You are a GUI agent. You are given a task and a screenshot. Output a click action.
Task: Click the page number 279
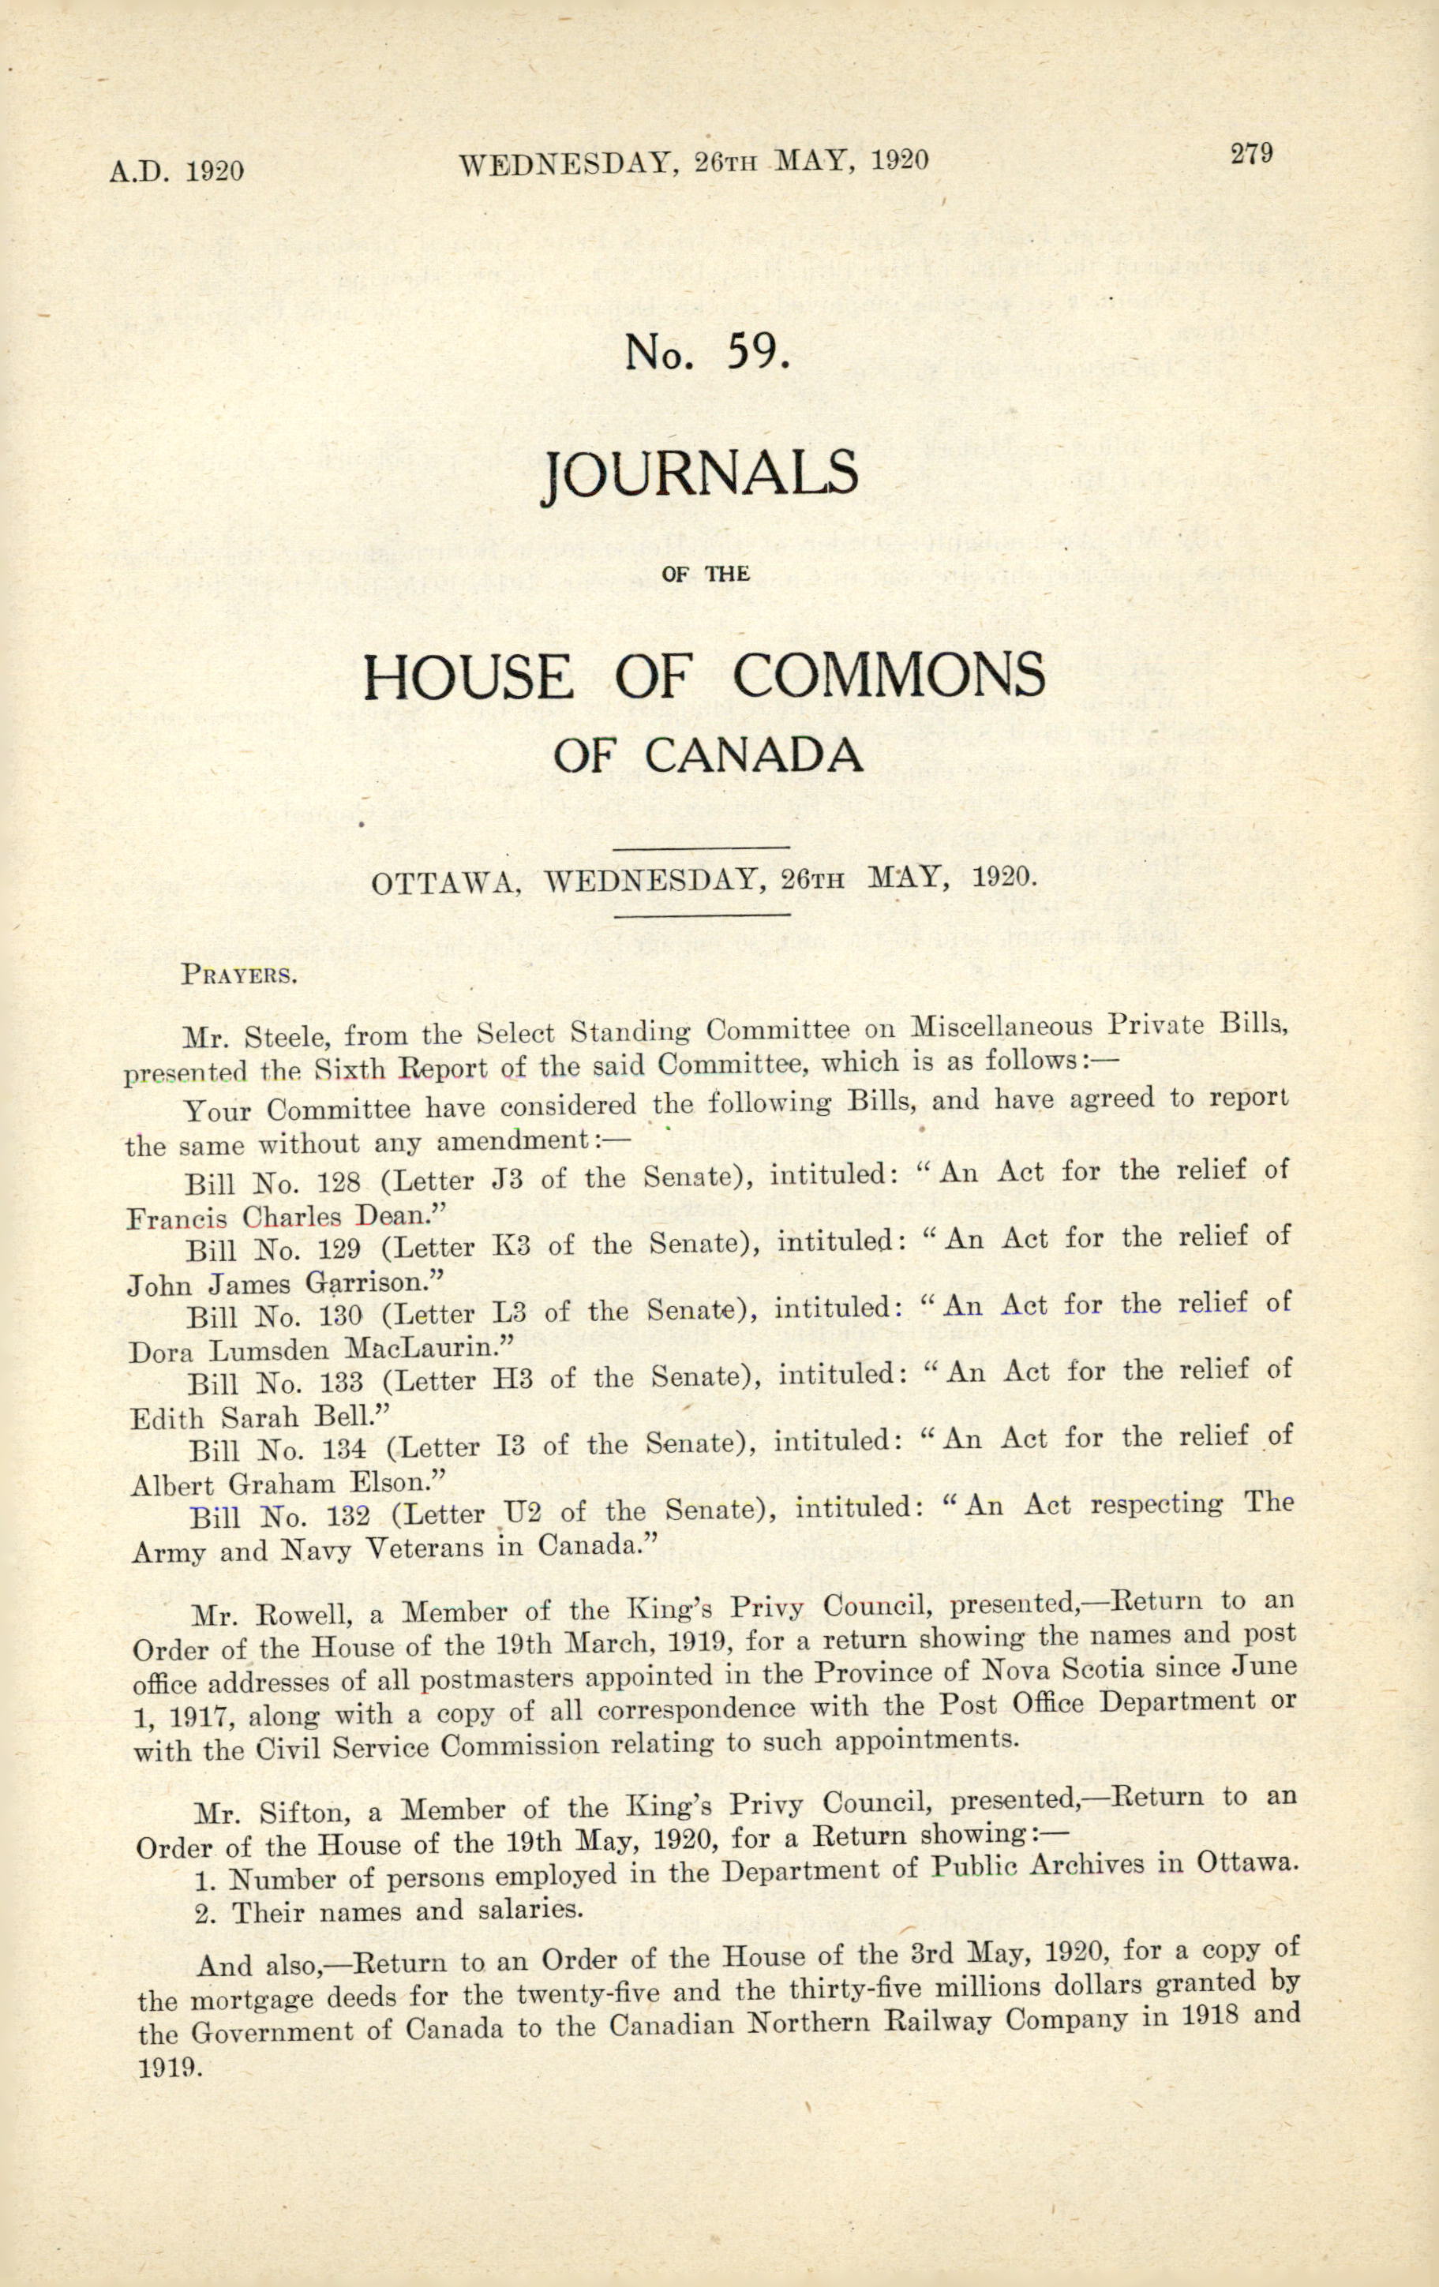1251,153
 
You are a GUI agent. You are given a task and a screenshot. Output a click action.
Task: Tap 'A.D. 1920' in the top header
177,171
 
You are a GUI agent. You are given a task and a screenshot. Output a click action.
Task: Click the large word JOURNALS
699,477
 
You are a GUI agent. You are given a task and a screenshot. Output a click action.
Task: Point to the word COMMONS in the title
889,676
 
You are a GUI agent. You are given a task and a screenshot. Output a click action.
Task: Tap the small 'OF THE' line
707,574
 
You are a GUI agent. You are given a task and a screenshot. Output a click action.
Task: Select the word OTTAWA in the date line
444,884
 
